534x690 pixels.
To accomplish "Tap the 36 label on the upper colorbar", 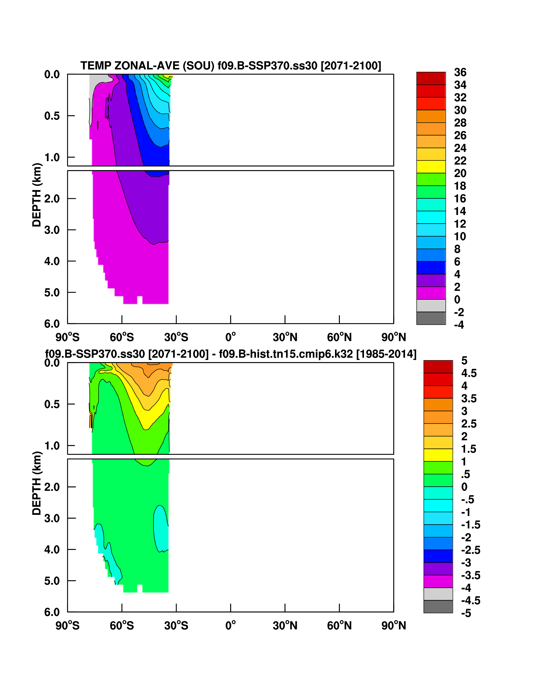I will (x=460, y=72).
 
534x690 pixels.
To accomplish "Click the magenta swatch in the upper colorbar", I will (x=431, y=293).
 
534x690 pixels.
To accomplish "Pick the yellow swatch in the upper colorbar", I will (x=431, y=167).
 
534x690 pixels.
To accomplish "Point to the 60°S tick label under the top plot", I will (x=122, y=337).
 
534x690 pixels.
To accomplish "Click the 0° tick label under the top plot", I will (x=230, y=337).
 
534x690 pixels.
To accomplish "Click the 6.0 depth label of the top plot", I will (x=52, y=324).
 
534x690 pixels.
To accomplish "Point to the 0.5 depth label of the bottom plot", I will (x=52, y=404).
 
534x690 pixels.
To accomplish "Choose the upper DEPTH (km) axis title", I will (x=37, y=195).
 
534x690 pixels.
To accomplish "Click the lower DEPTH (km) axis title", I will (x=37, y=483).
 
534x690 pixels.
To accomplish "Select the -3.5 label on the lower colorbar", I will (x=470, y=575).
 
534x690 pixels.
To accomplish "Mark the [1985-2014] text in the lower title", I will (x=386, y=354).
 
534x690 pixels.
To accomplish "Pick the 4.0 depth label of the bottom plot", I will (x=52, y=549).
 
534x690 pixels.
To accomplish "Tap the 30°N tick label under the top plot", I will (x=285, y=337).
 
